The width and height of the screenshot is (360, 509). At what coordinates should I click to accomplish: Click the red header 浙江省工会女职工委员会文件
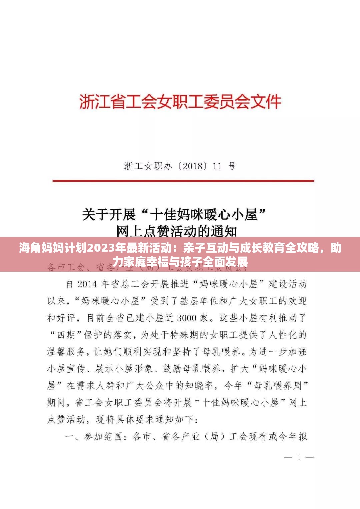click(180, 102)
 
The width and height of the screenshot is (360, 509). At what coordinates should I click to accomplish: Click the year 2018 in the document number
click(192, 166)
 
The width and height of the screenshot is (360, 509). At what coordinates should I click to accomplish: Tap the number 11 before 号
click(217, 166)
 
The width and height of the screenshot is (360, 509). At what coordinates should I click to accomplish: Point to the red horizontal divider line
click(183, 181)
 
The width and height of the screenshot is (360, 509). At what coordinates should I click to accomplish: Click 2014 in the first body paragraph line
click(87, 284)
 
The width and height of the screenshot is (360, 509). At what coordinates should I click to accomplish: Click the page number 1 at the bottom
click(299, 457)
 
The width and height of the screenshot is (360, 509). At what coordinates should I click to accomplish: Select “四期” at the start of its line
click(66, 335)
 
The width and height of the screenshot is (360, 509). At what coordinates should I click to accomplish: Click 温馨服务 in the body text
click(66, 352)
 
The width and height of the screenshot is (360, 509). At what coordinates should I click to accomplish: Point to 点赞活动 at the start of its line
click(66, 419)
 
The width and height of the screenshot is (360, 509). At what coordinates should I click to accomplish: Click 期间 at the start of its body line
click(56, 403)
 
